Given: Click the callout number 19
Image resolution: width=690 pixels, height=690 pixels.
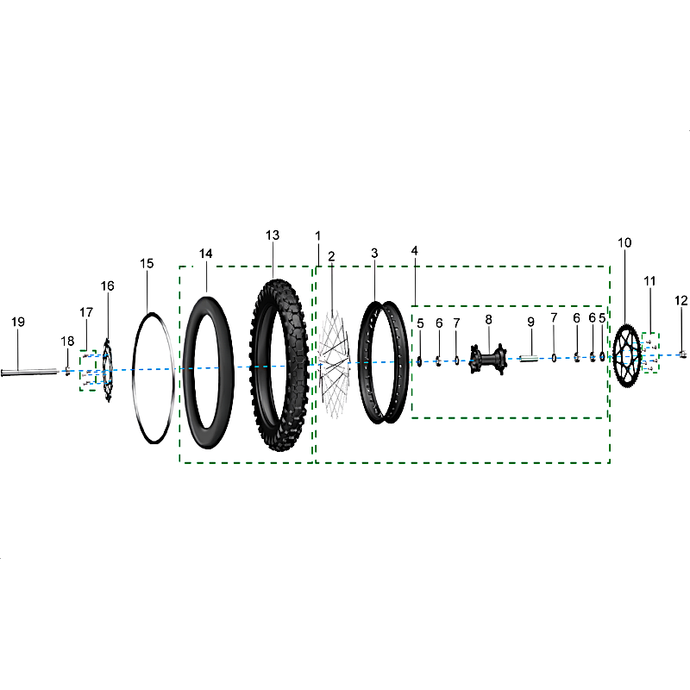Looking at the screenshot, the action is pyautogui.click(x=18, y=322).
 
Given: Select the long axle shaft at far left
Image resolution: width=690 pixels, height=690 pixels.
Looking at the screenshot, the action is pyautogui.click(x=30, y=373).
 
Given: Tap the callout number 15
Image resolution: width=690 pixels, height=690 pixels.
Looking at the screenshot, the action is pyautogui.click(x=147, y=264).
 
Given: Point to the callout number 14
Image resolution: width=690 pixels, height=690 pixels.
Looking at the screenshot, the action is pyautogui.click(x=205, y=254).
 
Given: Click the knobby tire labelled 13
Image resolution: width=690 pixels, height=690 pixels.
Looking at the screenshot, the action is pyautogui.click(x=279, y=365).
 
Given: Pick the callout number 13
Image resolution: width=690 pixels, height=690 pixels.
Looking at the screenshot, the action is pyautogui.click(x=273, y=235).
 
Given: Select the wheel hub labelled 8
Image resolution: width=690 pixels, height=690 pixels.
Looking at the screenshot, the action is pyautogui.click(x=487, y=359).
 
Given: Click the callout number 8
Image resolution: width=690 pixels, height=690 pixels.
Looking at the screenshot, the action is pyautogui.click(x=488, y=319).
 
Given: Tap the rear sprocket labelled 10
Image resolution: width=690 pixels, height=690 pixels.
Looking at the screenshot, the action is pyautogui.click(x=627, y=356).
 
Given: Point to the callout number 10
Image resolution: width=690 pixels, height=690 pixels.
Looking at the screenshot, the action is pyautogui.click(x=624, y=242).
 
